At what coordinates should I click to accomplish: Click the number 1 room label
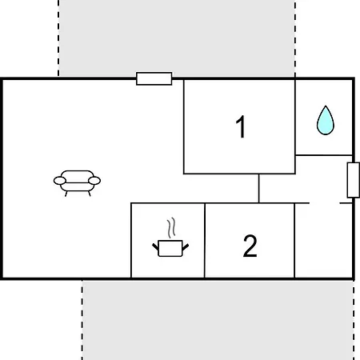coord(241,126)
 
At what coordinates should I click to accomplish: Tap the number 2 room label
coord(250,246)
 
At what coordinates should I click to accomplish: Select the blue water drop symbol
coord(326,120)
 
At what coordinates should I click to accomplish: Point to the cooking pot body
coord(170,249)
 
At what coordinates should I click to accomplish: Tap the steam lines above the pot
coord(171,228)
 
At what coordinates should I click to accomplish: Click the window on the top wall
coord(154,78)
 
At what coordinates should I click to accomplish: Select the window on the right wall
coord(354,180)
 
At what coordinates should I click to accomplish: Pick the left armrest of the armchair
coord(60,181)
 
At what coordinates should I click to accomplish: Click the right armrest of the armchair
coord(94,181)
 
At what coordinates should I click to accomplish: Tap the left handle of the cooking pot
coord(155,246)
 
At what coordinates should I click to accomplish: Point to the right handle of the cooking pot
coord(186,247)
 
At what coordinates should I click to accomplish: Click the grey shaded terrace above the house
coord(177,38)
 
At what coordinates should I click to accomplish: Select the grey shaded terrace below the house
coord(218,320)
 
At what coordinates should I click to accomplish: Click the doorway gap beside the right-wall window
coord(325,203)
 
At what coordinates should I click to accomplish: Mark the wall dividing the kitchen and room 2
coord(205,241)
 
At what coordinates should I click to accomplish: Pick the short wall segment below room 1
coord(258,188)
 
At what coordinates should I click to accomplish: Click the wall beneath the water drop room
coord(324,155)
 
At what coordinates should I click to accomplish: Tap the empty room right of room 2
coord(324,241)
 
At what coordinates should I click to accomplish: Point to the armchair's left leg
coord(66,194)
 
